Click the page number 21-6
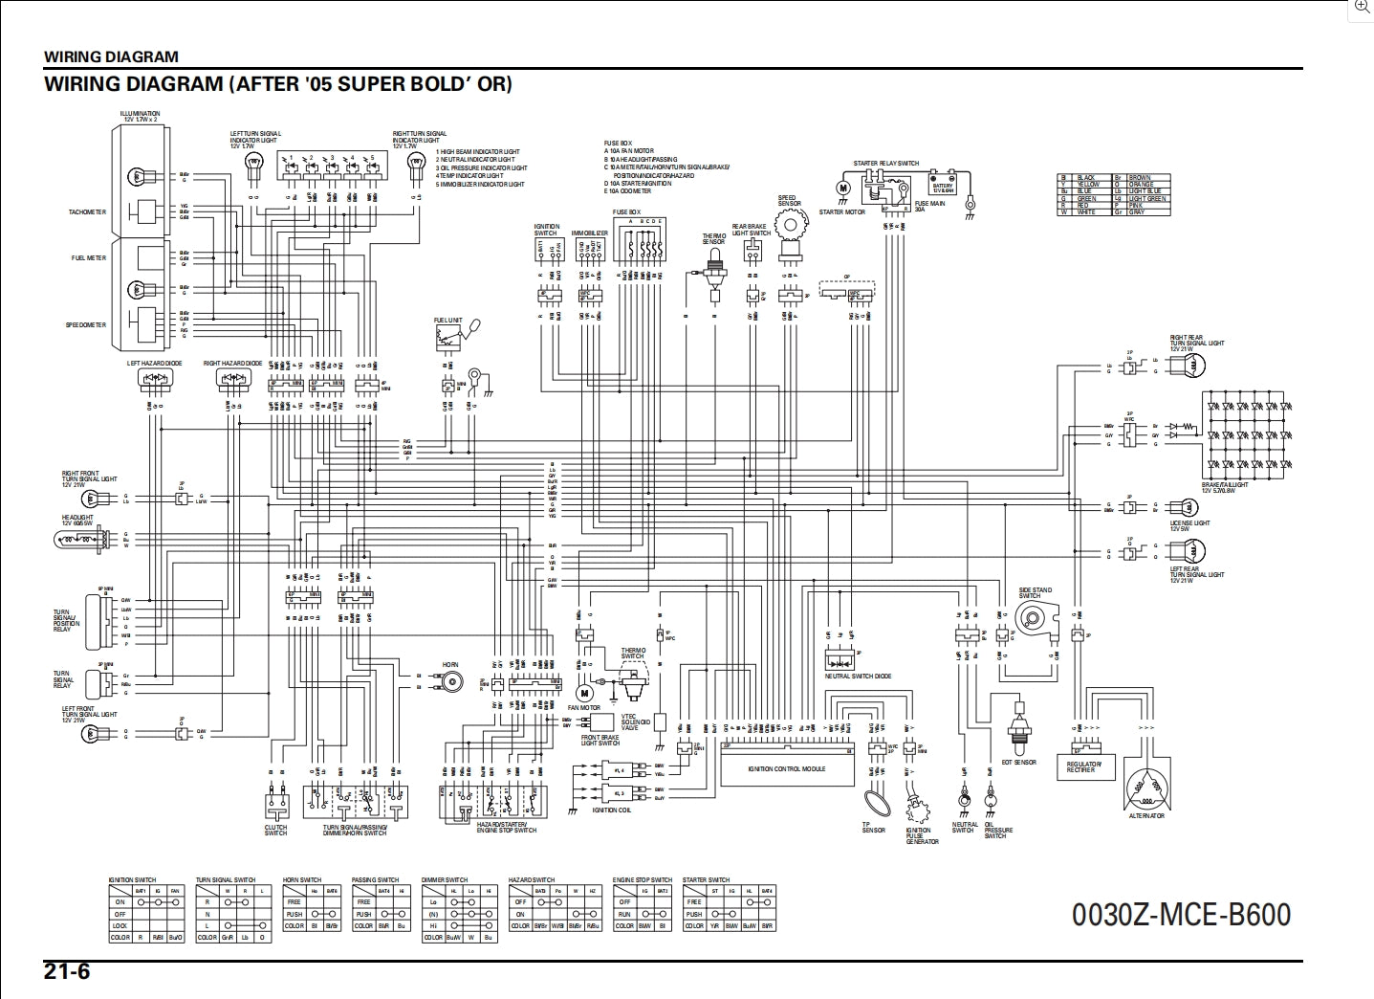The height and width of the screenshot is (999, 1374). [67, 971]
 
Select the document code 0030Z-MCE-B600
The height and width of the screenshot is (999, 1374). [1181, 915]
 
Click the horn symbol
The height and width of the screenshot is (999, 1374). [449, 681]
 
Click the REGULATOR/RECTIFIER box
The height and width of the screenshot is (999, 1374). [1083, 766]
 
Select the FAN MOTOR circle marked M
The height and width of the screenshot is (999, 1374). [585, 692]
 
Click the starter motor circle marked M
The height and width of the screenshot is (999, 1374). [842, 189]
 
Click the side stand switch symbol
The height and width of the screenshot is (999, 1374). [1035, 625]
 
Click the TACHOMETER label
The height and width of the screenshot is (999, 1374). [88, 212]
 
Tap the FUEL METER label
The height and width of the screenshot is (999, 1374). [89, 258]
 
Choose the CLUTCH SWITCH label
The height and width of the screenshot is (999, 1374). [275, 831]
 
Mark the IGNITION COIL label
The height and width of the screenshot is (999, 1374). [611, 810]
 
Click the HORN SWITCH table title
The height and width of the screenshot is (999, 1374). [302, 879]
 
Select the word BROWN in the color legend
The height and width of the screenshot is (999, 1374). [1140, 178]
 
